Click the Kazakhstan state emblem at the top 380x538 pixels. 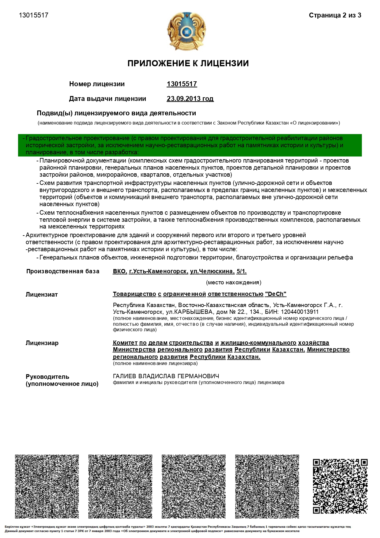click(x=186, y=31)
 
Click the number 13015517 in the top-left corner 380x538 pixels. click(x=34, y=15)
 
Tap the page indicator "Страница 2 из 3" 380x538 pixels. click(x=335, y=15)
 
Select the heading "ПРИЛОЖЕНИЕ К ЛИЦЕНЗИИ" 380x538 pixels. click(x=188, y=63)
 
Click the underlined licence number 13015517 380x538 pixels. click(x=182, y=84)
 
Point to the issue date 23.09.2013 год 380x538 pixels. click(x=190, y=99)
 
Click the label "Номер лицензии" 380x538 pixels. click(x=97, y=84)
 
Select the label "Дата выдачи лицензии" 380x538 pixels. click(x=107, y=99)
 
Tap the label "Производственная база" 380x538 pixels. click(x=63, y=271)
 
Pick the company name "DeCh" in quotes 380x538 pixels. click(x=276, y=294)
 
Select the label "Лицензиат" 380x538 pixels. click(x=42, y=295)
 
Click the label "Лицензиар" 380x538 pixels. click(x=42, y=343)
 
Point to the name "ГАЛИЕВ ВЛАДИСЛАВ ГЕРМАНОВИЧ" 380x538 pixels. click(x=166, y=376)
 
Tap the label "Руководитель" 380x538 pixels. click(x=47, y=377)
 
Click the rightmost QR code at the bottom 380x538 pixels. click(x=340, y=486)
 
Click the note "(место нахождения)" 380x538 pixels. click(x=234, y=282)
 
